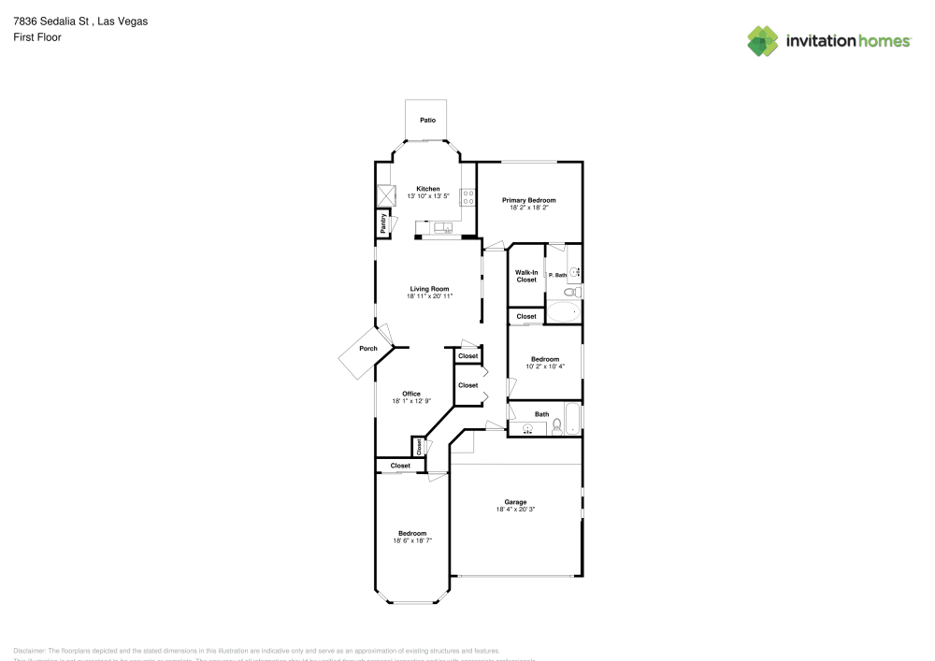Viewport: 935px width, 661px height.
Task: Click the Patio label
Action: pos(427,120)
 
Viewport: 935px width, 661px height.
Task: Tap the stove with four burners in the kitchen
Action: pos(467,197)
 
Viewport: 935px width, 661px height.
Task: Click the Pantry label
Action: pos(383,223)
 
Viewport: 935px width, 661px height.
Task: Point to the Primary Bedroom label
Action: pos(528,200)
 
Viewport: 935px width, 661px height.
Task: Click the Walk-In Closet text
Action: pos(526,276)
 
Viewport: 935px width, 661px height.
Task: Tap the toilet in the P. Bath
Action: pos(576,293)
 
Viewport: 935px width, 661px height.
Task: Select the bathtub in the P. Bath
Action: pos(563,312)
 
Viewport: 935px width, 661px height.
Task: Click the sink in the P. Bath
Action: pos(575,272)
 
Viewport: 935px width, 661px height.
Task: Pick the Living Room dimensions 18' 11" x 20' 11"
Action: pos(429,296)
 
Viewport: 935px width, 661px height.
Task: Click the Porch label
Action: pos(369,349)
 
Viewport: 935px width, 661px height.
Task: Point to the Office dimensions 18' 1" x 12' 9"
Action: pos(411,401)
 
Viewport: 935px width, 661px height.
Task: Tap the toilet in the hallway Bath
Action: pos(557,426)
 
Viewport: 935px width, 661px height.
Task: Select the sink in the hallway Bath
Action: pos(529,429)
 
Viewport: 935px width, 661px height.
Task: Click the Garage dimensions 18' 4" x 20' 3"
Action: pos(515,510)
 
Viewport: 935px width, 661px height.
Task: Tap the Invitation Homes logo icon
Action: pos(762,41)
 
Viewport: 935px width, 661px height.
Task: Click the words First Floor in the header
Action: pos(37,37)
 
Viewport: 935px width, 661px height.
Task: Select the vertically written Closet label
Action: pos(418,448)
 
